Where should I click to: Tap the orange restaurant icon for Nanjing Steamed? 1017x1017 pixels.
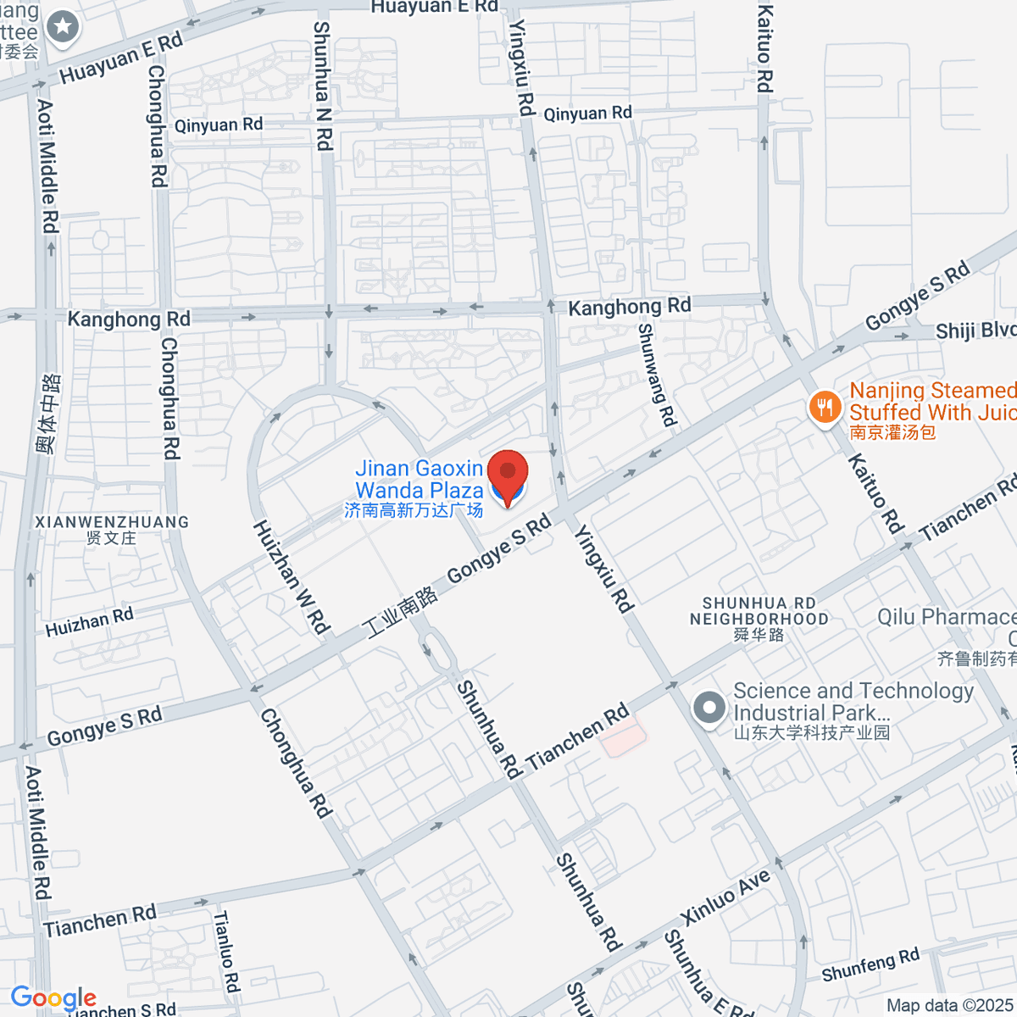coord(824,408)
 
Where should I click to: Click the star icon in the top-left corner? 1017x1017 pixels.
coord(62,27)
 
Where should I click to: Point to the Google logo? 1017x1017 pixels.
coord(53,998)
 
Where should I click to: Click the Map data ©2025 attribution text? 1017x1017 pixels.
coord(949,1006)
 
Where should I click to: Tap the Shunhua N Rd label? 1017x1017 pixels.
coord(322,85)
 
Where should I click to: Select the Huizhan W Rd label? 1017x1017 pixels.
coord(291,576)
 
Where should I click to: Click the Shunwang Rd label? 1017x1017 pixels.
coord(658,374)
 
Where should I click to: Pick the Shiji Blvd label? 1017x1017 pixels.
coord(975,331)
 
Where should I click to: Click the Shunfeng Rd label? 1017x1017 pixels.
coord(870,964)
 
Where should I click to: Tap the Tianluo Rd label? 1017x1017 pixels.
coord(226,951)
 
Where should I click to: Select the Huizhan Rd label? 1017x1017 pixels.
coord(89,622)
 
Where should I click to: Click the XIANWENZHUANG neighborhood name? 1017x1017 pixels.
coord(112,522)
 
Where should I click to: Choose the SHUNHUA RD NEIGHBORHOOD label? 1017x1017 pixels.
coord(759,611)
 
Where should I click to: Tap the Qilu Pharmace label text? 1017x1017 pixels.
coord(946,617)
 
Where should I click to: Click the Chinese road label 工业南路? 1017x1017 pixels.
coord(400,613)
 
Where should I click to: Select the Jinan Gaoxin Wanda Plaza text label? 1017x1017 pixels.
coord(419,480)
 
